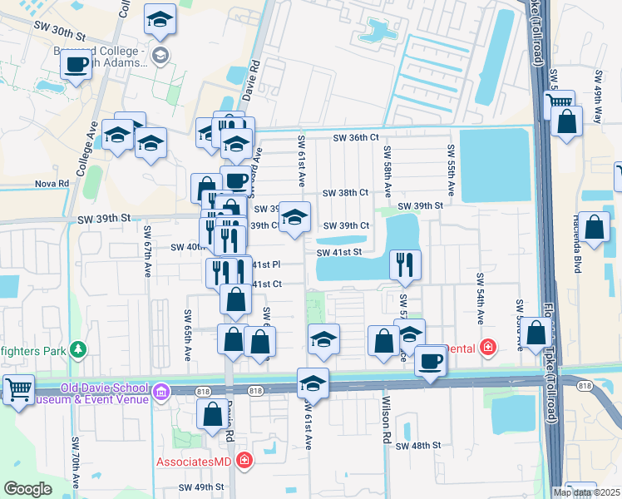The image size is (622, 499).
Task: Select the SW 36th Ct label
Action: pos(356,138)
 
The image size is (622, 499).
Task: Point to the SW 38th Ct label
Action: pos(345,193)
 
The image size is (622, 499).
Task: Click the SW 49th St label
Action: pos(202,487)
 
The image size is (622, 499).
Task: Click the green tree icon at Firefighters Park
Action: pos(78,350)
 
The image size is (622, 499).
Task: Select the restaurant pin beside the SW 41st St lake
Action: pos(405,264)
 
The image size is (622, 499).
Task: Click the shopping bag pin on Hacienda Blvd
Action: pos(595,226)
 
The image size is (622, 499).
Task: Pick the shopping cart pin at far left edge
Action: pos(18,389)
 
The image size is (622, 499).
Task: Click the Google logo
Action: pos(27,489)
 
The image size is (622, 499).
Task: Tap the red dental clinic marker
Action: pos(488,348)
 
